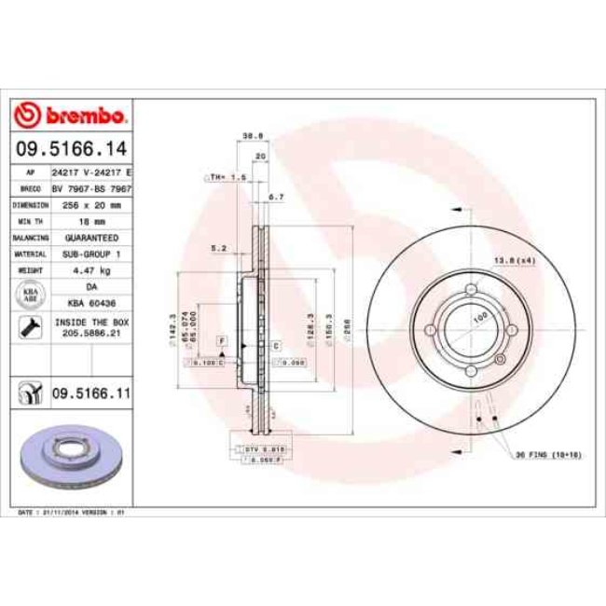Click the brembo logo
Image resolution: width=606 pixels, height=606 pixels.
[71, 116]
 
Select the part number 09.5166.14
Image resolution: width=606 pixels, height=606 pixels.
[71, 148]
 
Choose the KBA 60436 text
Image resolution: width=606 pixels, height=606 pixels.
[91, 302]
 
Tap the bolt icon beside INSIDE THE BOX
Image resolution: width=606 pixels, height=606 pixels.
[31, 326]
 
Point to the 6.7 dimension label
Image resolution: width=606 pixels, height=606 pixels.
[275, 197]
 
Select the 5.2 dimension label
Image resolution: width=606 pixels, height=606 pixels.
[220, 248]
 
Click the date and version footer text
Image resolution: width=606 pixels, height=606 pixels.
[72, 513]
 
